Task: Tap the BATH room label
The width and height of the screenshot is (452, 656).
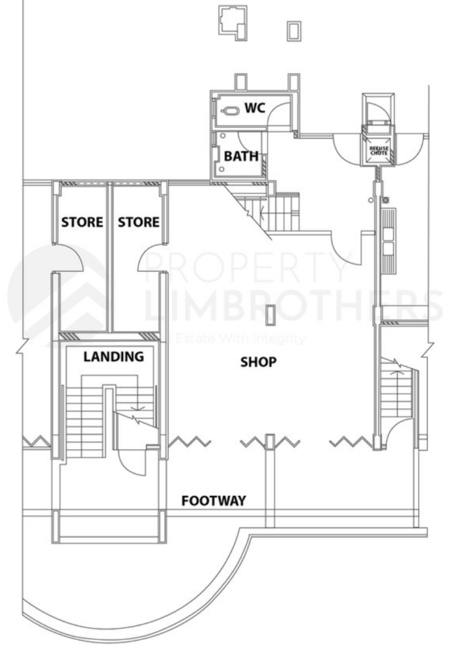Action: coord(241,156)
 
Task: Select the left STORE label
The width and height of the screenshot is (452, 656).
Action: coord(82,222)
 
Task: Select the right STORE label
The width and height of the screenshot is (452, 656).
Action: coord(138,222)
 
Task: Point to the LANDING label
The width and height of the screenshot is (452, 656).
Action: coord(113,357)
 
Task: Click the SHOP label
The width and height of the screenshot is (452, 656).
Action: coord(258,362)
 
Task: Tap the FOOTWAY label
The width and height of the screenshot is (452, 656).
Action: coord(213,500)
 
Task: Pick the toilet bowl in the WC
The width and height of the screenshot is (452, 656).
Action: coord(230,111)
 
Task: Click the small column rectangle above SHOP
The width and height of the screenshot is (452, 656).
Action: coord(271,314)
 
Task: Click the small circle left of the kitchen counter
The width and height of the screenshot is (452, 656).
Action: coord(371,200)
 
